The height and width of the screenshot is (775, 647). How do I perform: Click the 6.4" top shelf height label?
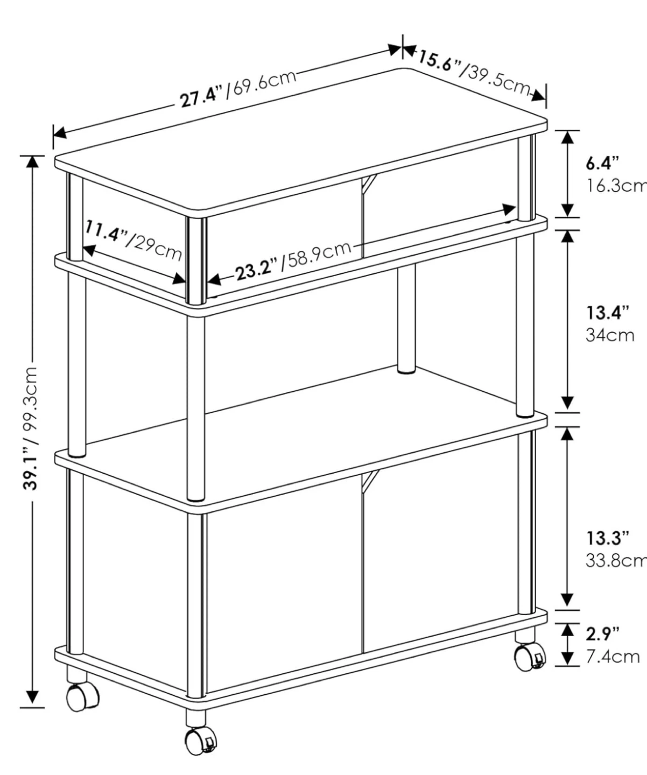tap(603, 163)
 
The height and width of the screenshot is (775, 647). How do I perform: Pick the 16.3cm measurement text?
tap(616, 186)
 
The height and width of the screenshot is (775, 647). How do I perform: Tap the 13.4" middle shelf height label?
tap(608, 313)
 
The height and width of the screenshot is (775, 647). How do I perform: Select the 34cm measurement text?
tap(610, 335)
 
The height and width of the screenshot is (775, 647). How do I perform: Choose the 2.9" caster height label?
tap(603, 634)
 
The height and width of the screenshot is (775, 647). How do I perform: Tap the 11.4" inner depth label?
tap(106, 231)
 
